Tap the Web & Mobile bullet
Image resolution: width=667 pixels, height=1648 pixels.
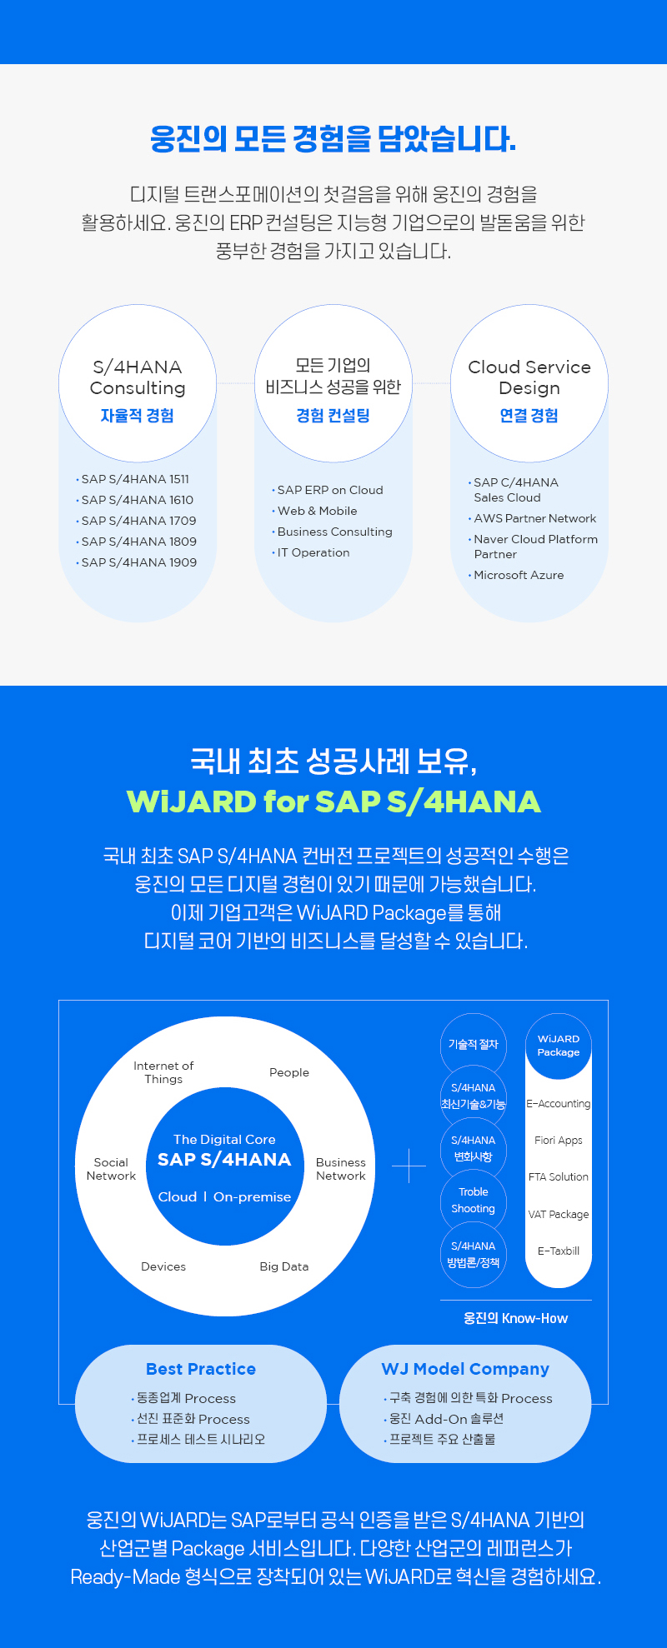click(315, 511)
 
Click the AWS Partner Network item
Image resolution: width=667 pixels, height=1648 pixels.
click(533, 518)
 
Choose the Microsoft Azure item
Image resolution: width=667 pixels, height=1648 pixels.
click(517, 575)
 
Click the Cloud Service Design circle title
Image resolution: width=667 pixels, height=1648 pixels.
click(529, 377)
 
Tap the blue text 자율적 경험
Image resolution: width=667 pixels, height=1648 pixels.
click(138, 416)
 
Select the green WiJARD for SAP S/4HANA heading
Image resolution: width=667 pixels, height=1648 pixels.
click(333, 802)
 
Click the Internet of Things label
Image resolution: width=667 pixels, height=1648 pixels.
click(163, 1072)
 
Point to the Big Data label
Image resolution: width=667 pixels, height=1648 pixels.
click(284, 1266)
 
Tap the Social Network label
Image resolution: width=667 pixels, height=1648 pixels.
click(111, 1169)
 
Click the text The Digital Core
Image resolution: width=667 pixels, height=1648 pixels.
click(224, 1139)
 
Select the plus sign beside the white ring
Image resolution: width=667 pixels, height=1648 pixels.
click(409, 1166)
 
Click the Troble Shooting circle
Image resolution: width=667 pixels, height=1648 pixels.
click(474, 1201)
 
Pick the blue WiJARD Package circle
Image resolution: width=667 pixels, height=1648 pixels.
click(559, 1046)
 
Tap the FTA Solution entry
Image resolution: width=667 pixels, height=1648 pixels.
click(559, 1177)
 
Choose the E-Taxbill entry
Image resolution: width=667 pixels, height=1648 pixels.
click(559, 1251)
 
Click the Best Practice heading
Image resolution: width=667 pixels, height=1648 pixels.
click(201, 1369)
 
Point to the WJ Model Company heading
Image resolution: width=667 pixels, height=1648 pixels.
click(465, 1369)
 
